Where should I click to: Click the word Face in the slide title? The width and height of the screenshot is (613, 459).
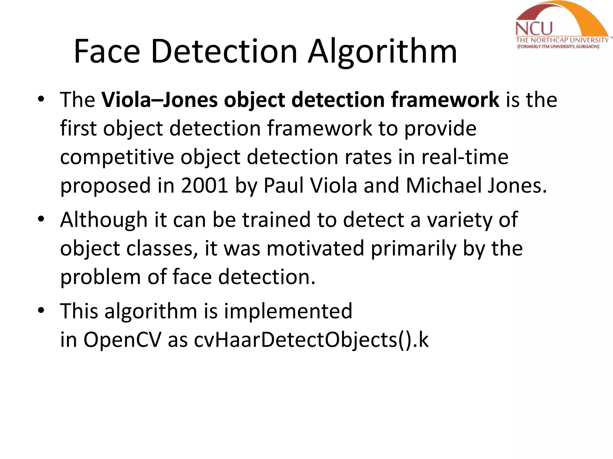(x=107, y=51)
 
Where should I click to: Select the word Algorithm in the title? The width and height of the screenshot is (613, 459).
(x=383, y=51)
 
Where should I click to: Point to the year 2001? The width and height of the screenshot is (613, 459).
(x=205, y=186)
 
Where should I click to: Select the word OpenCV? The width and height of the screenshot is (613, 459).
(x=122, y=340)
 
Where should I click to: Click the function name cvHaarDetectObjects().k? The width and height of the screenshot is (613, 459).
(x=311, y=340)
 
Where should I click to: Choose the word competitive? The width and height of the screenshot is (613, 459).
(x=117, y=157)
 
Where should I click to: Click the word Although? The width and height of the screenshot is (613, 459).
(x=104, y=220)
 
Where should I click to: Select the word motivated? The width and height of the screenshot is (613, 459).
(x=315, y=248)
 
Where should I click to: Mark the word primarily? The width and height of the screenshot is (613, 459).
(x=413, y=248)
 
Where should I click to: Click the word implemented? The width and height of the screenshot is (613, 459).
(x=288, y=311)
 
